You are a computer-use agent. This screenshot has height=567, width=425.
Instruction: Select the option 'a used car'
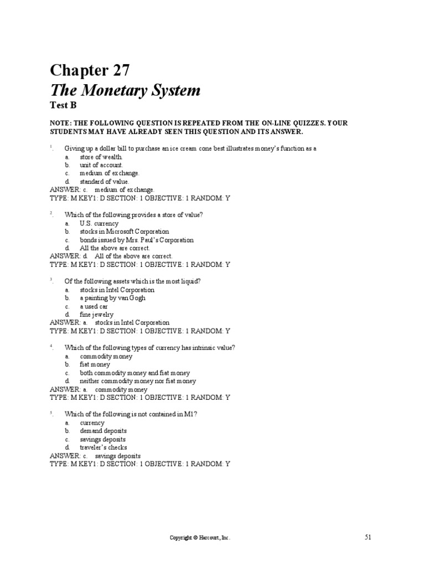tap(94, 306)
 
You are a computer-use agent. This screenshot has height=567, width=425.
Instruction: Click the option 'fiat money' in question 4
tap(95, 364)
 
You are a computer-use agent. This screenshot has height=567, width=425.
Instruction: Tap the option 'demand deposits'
tap(103, 431)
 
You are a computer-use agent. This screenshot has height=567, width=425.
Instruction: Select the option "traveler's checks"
tap(103, 447)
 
